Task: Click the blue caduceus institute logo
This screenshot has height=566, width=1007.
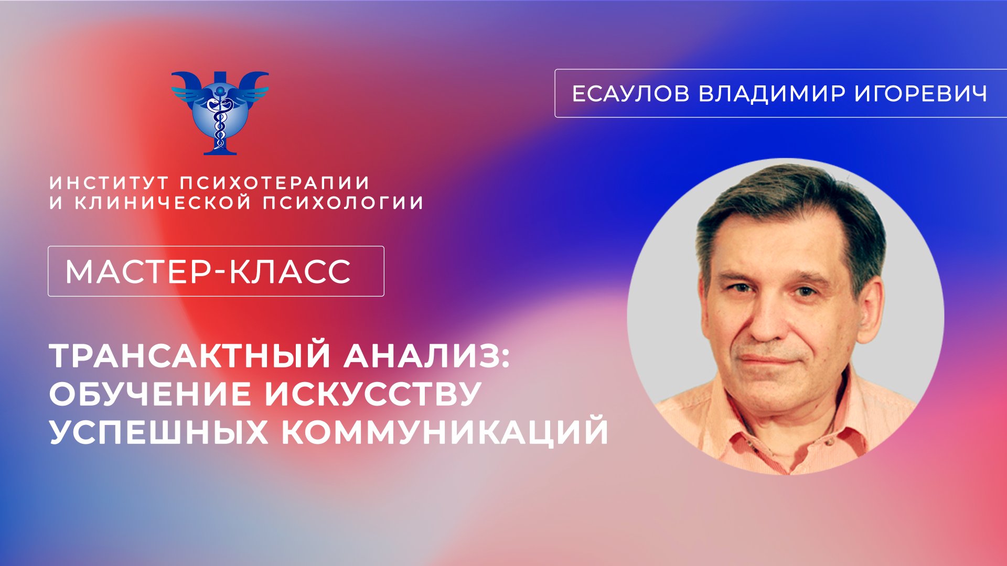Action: (x=220, y=112)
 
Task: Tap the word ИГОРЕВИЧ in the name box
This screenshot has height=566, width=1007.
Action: (x=922, y=94)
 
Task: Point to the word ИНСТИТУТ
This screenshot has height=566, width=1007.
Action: (x=109, y=183)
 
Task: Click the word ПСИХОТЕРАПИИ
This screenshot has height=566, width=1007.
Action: (x=275, y=183)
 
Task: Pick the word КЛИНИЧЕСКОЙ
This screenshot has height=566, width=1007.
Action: (x=163, y=203)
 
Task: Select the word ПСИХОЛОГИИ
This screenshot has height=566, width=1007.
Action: (x=343, y=203)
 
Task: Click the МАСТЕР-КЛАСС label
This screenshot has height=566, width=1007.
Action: (x=208, y=271)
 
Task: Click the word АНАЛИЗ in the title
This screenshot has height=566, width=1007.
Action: (x=426, y=357)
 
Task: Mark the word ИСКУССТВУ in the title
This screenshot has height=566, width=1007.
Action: (x=373, y=395)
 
